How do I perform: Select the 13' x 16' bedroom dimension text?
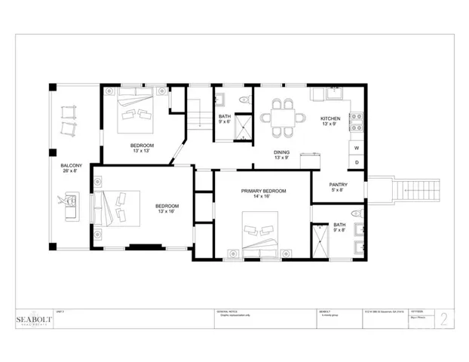[167, 212]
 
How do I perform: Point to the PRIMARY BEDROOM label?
[263, 192]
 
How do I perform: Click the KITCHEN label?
[331, 119]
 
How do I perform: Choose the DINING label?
[281, 152]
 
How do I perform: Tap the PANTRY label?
[338, 185]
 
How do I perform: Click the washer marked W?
[357, 149]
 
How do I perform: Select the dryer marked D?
[357, 163]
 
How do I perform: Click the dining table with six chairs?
[284, 118]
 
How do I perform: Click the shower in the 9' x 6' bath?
[244, 126]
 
